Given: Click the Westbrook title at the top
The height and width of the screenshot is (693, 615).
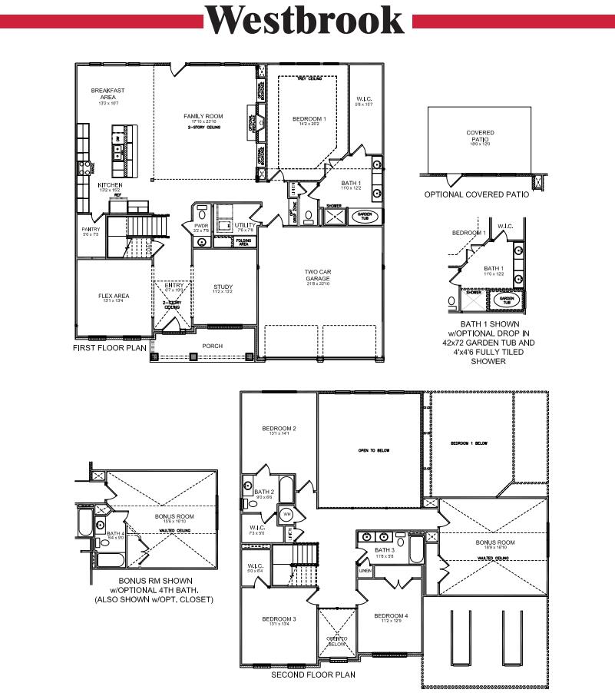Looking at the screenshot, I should coord(304,21).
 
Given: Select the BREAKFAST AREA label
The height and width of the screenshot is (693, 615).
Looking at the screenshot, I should coord(107,94).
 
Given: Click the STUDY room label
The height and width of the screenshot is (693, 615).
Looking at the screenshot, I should coord(223,287).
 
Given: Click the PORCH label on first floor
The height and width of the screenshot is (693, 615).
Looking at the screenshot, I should coord(212,346).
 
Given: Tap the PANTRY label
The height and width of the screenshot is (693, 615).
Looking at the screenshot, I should coord(91,229).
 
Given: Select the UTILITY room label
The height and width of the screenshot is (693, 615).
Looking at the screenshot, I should coord(246,225).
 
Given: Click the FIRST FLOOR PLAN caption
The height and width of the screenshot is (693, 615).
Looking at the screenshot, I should coord(109,347).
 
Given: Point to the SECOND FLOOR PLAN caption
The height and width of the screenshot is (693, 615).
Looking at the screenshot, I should coord(312,675).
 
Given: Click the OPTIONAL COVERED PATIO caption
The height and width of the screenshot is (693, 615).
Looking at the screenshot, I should coord(476,195).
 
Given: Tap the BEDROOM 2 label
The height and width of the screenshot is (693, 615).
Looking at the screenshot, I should coord(279,429).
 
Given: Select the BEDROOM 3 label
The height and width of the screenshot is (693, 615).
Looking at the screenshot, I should coord(279,618).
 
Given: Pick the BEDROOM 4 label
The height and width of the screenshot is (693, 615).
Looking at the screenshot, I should coord(391,616).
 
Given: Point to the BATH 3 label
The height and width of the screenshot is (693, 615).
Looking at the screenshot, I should coord(384,550).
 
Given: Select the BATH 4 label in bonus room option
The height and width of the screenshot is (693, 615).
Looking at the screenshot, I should coord(115,533).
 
